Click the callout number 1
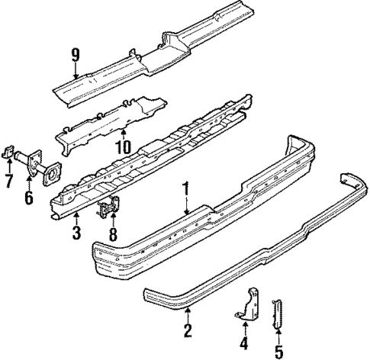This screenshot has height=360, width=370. [x=185, y=186]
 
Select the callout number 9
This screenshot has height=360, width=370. [x=75, y=55]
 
